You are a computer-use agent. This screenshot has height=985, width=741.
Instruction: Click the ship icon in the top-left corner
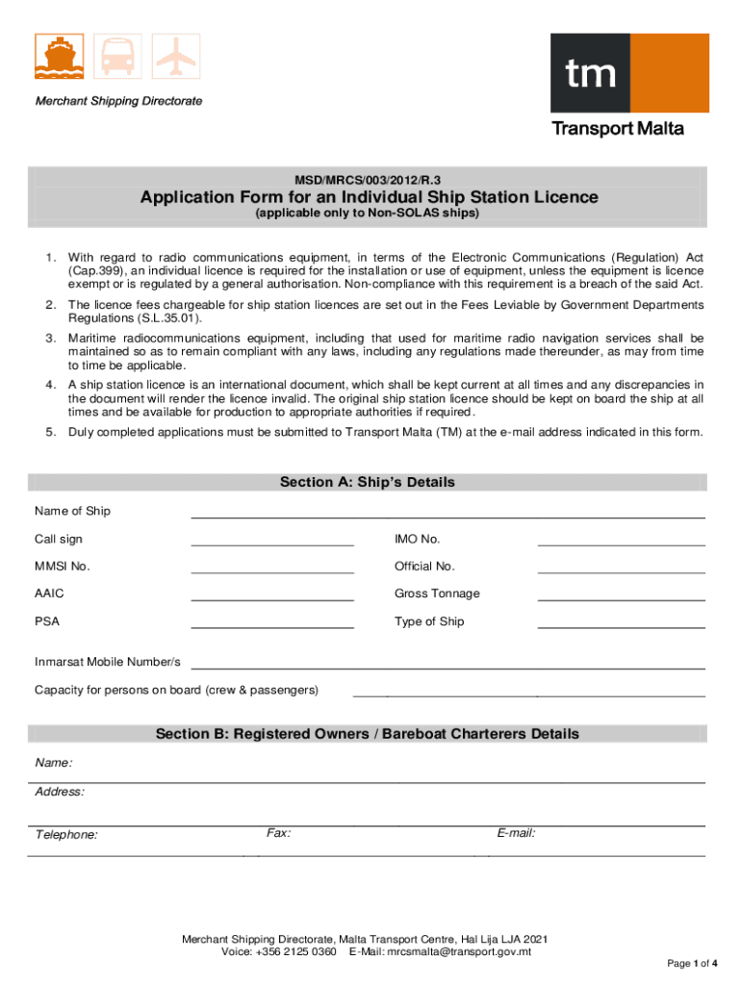59,56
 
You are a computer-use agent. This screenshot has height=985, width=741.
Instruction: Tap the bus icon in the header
117,56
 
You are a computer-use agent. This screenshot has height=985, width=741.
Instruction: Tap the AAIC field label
49,594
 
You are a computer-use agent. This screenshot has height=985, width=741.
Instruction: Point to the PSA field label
47,621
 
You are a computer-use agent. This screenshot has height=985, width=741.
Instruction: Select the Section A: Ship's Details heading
368,482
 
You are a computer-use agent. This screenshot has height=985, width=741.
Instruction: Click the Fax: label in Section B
279,833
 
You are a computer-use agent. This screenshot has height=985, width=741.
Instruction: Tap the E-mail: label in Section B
516,833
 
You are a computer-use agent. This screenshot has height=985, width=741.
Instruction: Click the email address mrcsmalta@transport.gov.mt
459,952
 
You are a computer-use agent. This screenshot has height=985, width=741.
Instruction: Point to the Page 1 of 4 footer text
692,963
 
